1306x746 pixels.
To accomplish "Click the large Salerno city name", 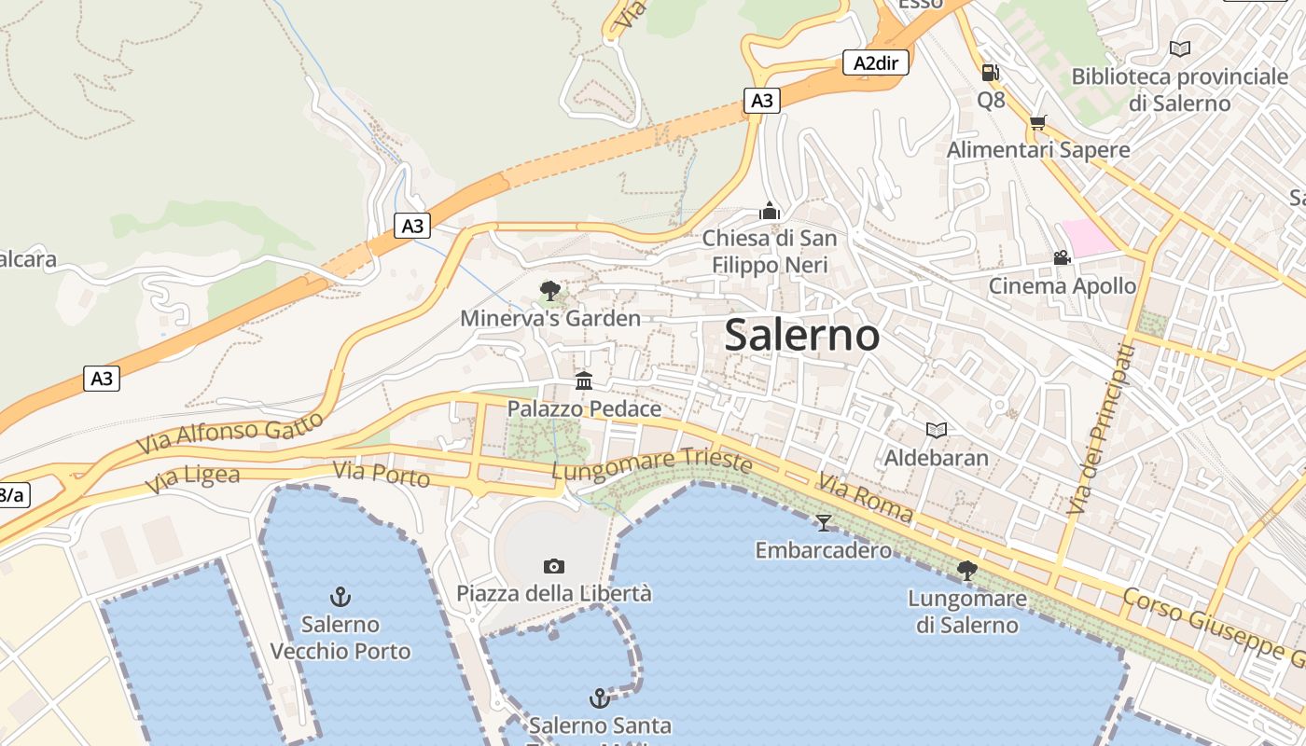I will point(801,336).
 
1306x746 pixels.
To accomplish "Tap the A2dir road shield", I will point(875,62).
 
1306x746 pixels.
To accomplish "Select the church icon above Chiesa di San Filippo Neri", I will point(770,211).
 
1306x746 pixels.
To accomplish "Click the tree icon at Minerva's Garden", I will point(550,291).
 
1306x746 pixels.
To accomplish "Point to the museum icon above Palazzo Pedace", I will point(584,380).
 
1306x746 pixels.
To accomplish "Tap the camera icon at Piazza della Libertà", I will point(553,566).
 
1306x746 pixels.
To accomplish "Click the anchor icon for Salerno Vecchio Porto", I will point(340,596).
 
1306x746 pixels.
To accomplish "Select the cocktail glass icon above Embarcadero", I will point(823,522).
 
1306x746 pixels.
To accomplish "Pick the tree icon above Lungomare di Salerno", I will point(967,570).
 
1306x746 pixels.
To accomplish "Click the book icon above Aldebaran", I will point(937,430).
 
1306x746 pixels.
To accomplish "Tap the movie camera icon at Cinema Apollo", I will point(1062,257).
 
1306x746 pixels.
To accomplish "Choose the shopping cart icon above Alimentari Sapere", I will point(1037,122).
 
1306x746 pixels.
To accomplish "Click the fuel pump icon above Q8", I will point(990,72).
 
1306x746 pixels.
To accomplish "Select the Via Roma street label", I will point(865,497).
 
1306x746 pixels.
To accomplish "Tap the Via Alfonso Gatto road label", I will point(230,433).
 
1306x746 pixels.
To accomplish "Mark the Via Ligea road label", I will point(192,479).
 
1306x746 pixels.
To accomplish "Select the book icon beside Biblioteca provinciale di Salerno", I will point(1180,48).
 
